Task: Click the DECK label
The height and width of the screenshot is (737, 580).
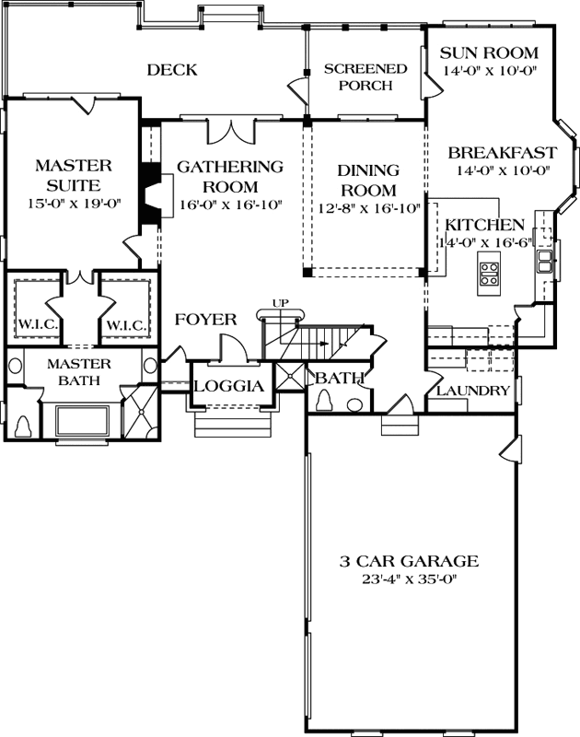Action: [172, 70]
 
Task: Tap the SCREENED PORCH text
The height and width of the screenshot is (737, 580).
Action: [365, 77]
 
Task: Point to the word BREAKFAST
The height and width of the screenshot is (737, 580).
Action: [502, 153]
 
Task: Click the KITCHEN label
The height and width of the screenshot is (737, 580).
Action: [485, 225]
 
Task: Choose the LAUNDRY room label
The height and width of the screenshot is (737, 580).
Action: [472, 392]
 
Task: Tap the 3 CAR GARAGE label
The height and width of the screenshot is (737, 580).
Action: [406, 560]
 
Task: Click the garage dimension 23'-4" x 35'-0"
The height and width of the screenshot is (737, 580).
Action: [406, 579]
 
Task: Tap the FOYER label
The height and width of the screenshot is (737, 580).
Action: [207, 320]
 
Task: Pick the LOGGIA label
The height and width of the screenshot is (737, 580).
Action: [235, 386]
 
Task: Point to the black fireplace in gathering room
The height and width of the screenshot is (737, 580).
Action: [147, 192]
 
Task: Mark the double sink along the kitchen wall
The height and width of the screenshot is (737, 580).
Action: [545, 262]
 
